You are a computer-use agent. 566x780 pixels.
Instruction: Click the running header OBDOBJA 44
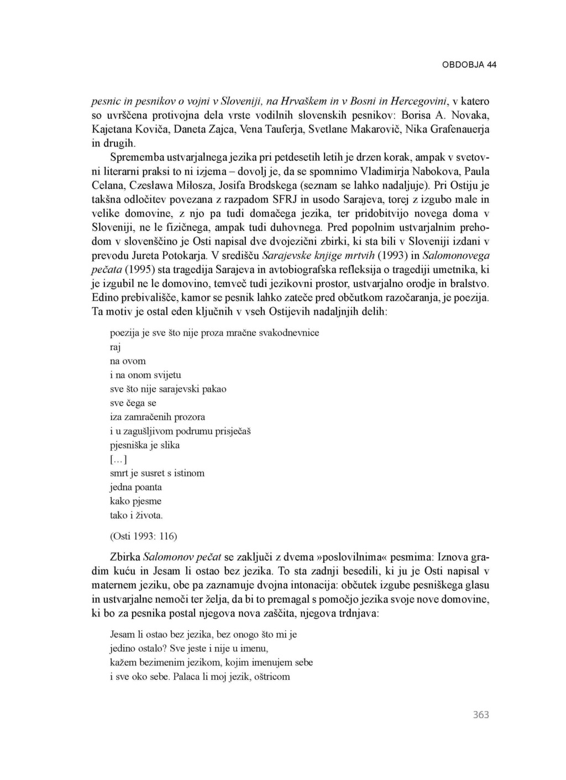click(x=469, y=65)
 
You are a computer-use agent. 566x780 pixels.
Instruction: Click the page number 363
click(x=481, y=714)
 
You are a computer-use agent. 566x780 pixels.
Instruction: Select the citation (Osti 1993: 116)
click(x=144, y=536)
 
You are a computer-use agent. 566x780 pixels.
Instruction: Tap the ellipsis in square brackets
click(x=118, y=459)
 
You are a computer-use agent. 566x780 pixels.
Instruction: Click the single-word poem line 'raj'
click(x=116, y=347)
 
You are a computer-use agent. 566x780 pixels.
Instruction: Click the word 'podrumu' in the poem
click(x=197, y=431)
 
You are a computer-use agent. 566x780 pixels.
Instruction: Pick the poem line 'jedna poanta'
click(x=136, y=487)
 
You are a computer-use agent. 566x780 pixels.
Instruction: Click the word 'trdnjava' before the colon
click(x=358, y=613)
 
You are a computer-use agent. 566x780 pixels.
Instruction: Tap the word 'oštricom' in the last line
click(x=271, y=676)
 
